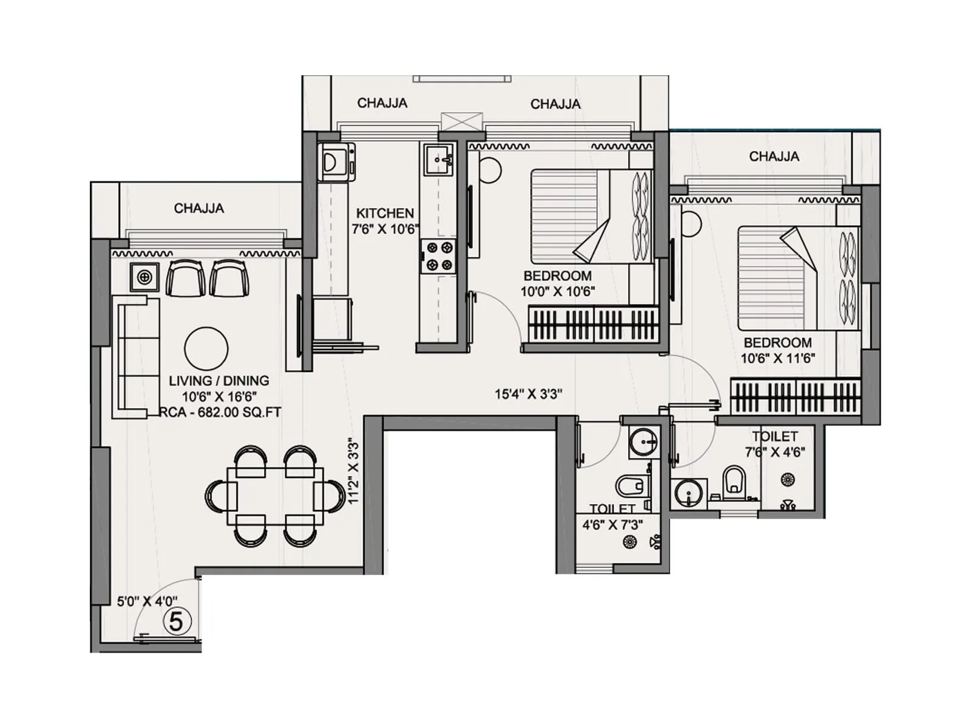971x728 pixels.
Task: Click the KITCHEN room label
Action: (385, 214)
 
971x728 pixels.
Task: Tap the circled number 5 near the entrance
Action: (177, 621)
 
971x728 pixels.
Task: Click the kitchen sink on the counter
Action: (438, 160)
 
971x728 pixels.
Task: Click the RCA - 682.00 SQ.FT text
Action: (221, 413)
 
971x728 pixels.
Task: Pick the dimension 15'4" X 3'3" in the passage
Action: (528, 394)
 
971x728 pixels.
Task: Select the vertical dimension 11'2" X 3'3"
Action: (354, 471)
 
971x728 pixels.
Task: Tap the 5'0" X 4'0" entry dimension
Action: (147, 602)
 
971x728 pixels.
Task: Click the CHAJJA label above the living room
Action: (199, 209)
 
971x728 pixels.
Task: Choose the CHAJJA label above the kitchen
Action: (382, 103)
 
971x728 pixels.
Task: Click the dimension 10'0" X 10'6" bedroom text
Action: (557, 291)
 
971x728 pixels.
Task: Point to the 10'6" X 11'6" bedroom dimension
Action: (777, 359)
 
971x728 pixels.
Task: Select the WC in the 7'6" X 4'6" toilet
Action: (734, 483)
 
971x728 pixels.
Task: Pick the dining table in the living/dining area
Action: (276, 496)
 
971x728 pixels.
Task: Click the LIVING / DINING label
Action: (218, 381)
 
